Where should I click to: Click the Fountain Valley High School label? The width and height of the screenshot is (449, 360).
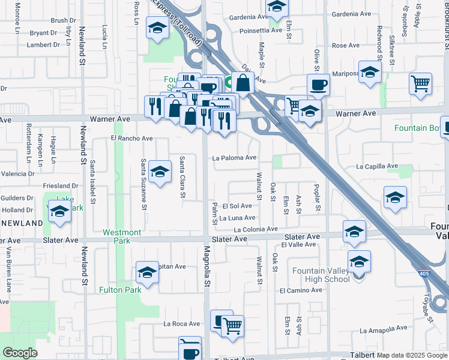pyautogui.click(x=321, y=275)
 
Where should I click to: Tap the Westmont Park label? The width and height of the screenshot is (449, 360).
pyautogui.click(x=122, y=236)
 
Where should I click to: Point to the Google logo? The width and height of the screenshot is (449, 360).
pyautogui.click(x=20, y=352)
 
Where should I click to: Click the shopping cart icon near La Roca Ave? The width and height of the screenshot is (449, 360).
pyautogui.click(x=232, y=326)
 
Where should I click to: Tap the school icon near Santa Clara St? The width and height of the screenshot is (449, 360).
pyautogui.click(x=160, y=172)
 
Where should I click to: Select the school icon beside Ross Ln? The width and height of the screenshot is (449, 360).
pyautogui.click(x=157, y=28)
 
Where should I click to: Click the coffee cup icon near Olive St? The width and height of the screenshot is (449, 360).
pyautogui.click(x=318, y=84)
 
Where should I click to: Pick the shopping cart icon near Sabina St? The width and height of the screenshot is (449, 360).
pyautogui.click(x=420, y=83)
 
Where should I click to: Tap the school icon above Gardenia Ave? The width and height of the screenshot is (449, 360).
pyautogui.click(x=277, y=6)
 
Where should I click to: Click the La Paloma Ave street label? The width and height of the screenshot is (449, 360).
pyautogui.click(x=235, y=158)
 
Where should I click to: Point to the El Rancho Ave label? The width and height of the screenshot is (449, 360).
pyautogui.click(x=132, y=138)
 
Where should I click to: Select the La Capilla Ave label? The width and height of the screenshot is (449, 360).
pyautogui.click(x=377, y=166)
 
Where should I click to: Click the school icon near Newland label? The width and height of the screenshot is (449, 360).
pyautogui.click(x=60, y=212)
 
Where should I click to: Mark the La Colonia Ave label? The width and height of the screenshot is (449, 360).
pyautogui.click(x=256, y=229)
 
